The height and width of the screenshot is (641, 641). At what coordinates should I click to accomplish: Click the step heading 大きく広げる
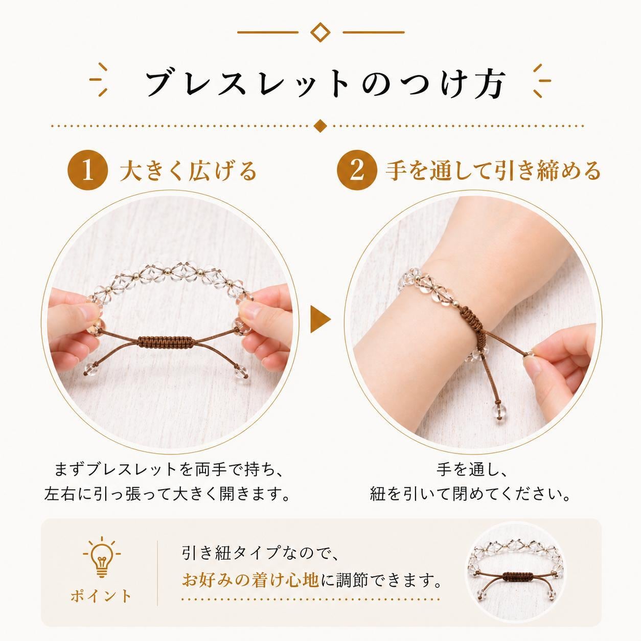click(x=189, y=172)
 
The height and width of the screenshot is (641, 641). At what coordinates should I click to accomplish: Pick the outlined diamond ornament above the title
click(x=320, y=32)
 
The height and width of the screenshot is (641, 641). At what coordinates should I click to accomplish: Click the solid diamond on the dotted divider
click(x=320, y=126)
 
